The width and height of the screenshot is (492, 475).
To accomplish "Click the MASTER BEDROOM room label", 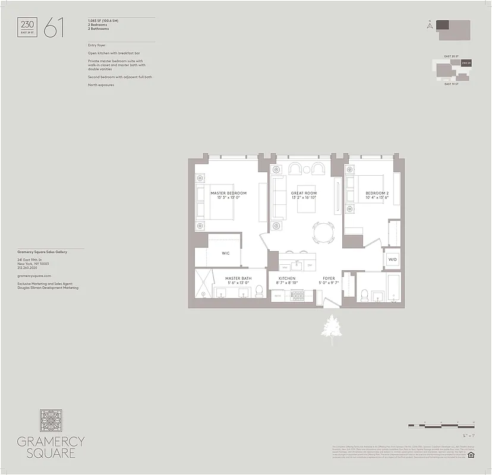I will click(228, 193).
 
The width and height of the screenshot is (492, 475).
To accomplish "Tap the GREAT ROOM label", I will click(304, 193).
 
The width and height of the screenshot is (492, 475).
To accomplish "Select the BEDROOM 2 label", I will click(377, 193).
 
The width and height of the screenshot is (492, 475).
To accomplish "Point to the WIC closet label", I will click(226, 254).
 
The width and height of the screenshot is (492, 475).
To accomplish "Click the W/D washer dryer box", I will click(393, 259).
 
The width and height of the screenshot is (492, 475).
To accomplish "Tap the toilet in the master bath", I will click(259, 291).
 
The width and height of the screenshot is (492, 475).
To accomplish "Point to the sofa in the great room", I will click(277, 198).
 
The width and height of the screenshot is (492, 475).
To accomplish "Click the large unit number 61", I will click(53, 28).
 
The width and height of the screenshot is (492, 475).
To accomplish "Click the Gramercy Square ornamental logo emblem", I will click(51, 420).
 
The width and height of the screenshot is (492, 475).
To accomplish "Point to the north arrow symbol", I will click(428, 24).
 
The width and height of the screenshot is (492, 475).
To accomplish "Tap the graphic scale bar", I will click(441, 426).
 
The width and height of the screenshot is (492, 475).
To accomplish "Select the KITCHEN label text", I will click(287, 278).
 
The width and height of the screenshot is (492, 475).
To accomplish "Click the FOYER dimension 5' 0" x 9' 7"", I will click(329, 283).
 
